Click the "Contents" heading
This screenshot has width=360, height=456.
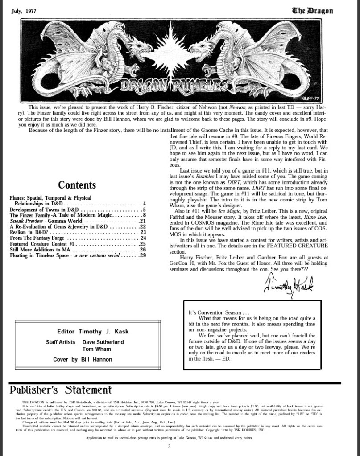point(77,185)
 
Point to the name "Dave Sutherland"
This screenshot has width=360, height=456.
point(103,342)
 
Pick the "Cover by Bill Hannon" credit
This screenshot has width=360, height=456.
point(83,359)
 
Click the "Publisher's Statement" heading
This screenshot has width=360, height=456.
point(61,390)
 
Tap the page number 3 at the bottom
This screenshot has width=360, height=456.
point(169,447)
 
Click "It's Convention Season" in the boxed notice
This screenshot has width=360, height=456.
point(215,313)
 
